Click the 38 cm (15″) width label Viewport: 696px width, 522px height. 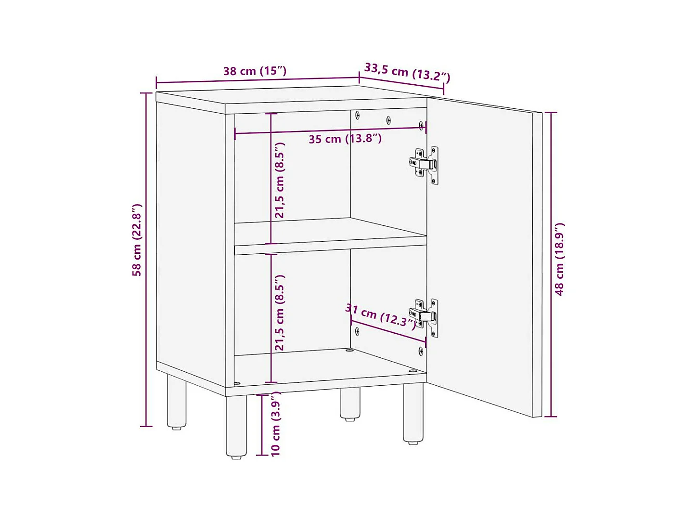(255, 71)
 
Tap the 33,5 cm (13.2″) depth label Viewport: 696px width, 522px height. (407, 72)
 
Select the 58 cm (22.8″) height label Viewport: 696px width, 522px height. (137, 240)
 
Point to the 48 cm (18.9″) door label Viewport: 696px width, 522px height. (559, 259)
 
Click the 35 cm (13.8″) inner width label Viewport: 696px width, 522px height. (345, 139)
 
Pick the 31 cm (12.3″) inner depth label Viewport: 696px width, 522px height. (380, 316)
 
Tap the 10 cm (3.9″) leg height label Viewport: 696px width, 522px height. (276, 424)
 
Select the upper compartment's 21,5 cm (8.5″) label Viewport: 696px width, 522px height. (280, 180)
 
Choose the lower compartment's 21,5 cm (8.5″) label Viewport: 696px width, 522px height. (280, 313)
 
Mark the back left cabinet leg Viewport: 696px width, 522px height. (176, 402)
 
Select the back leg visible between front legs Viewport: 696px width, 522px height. (350, 404)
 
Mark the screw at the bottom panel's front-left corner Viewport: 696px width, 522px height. (237, 384)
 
